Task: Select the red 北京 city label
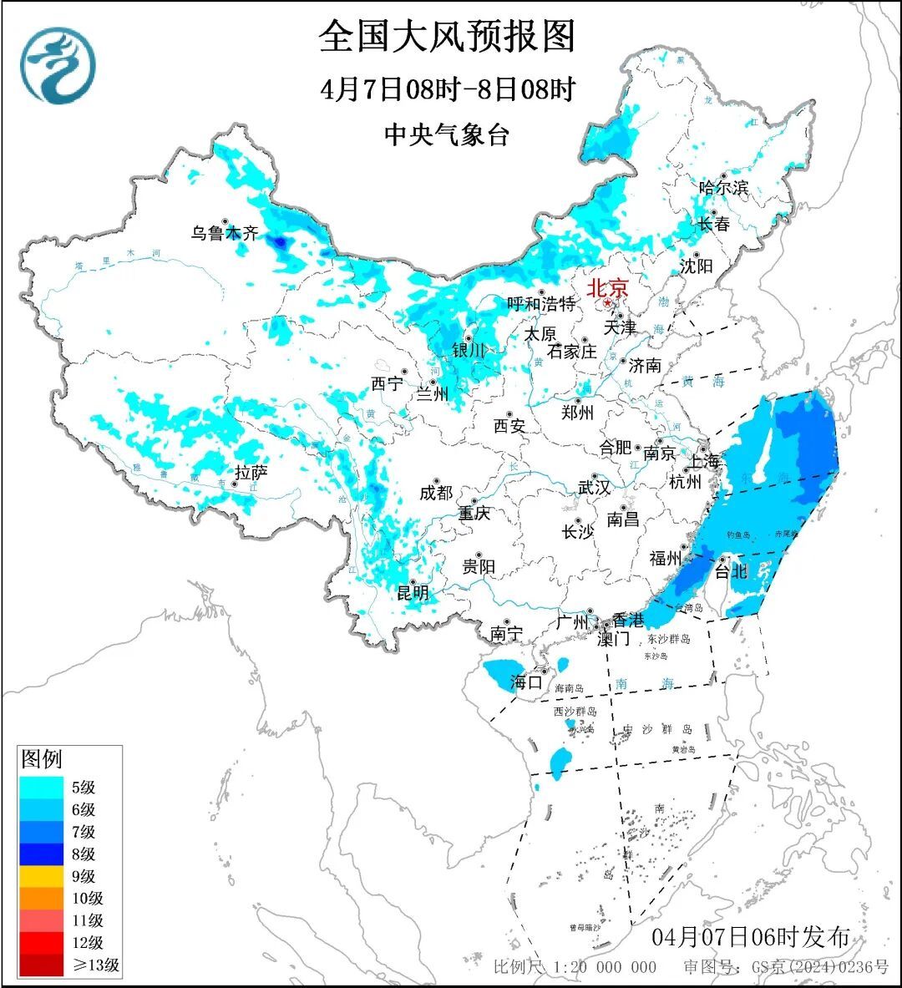click(607, 289)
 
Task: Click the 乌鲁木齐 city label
click(225, 233)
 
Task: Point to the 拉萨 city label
click(251, 473)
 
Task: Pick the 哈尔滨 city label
click(723, 188)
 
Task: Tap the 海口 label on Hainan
click(526, 682)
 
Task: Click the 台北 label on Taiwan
click(731, 571)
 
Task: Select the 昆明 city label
click(413, 593)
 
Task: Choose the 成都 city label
click(435, 493)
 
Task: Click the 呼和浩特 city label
click(541, 304)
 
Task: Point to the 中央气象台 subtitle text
click(447, 134)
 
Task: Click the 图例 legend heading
click(41, 759)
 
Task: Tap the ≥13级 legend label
click(94, 965)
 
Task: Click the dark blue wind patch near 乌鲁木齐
click(280, 242)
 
